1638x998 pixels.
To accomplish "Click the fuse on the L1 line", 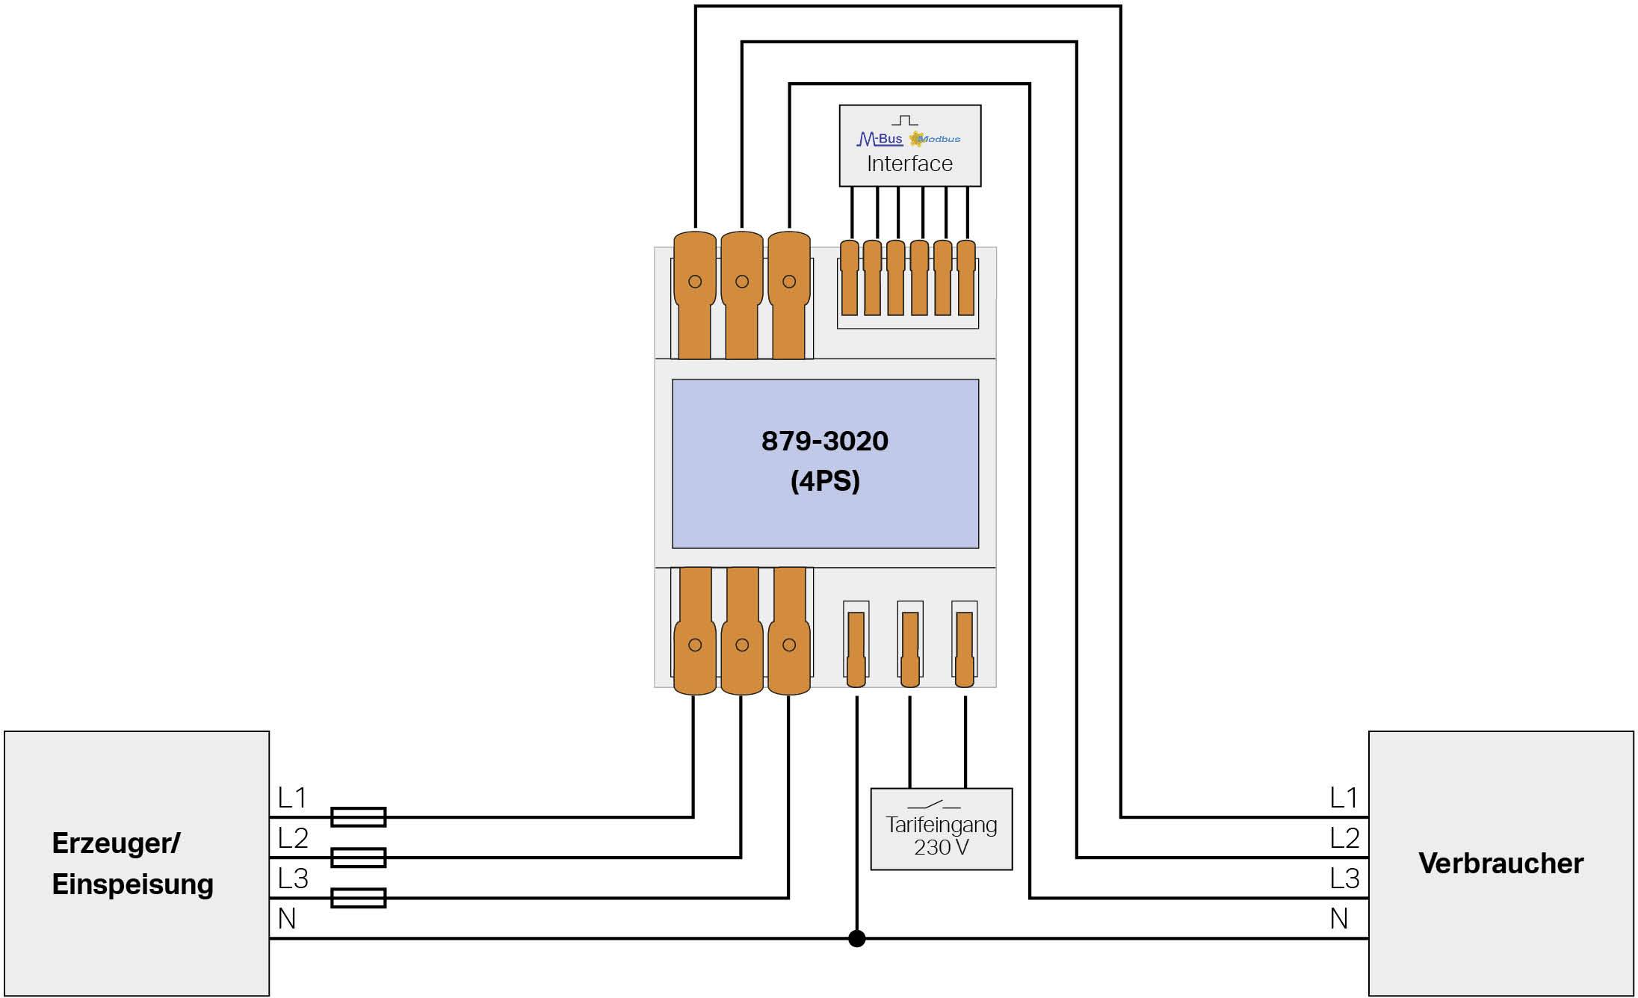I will [358, 816].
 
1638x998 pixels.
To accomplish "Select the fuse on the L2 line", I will [358, 858].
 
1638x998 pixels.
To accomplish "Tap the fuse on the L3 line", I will [358, 898].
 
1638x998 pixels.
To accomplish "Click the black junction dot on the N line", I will [857, 938].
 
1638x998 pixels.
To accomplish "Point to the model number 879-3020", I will [825, 441].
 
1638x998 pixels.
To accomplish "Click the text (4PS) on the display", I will [825, 481].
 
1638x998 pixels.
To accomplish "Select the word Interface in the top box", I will [909, 164].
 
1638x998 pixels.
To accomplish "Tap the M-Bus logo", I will [880, 139].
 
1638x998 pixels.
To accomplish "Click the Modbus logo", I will [936, 139].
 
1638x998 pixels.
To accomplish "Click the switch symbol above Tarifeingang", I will [934, 805].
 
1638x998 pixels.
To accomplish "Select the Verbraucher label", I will [1501, 864].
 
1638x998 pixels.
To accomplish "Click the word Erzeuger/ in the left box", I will [116, 843].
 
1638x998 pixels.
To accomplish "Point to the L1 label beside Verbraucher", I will [1344, 798].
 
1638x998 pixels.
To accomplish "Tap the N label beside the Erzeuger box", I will [287, 919].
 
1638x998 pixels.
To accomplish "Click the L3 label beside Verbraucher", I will [1344, 878].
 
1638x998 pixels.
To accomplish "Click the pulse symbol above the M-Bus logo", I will [905, 120].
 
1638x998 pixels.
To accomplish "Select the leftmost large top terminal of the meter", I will [695, 295].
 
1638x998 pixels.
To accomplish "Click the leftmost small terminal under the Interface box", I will [850, 278].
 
